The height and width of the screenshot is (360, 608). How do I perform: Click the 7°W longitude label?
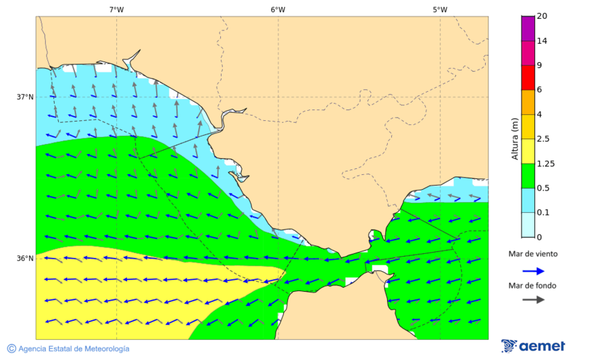click(116, 9)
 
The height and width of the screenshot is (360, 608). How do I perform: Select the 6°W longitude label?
click(278, 9)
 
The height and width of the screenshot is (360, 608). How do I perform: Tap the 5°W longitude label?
click(440, 9)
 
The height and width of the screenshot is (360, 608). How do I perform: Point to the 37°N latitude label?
click(25, 97)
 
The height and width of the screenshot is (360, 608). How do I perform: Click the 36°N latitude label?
click(25, 259)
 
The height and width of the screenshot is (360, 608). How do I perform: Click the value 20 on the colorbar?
click(542, 16)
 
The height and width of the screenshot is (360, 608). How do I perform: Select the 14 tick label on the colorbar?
click(542, 41)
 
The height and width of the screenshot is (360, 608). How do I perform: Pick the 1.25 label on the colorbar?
click(544, 163)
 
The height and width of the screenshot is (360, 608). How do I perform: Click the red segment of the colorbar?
click(528, 77)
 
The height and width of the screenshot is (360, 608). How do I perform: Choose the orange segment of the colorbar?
click(528, 102)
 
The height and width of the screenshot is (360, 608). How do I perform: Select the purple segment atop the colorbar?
click(528, 28)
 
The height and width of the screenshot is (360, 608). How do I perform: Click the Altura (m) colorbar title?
click(515, 139)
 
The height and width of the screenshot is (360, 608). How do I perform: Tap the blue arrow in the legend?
click(534, 271)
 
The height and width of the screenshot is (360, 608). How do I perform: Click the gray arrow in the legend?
click(534, 299)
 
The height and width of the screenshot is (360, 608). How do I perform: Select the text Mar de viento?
click(533, 254)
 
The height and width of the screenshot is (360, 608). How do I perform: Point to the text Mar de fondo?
click(533, 285)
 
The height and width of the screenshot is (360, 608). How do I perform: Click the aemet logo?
click(533, 346)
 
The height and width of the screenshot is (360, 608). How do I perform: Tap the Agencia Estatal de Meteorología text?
click(68, 349)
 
